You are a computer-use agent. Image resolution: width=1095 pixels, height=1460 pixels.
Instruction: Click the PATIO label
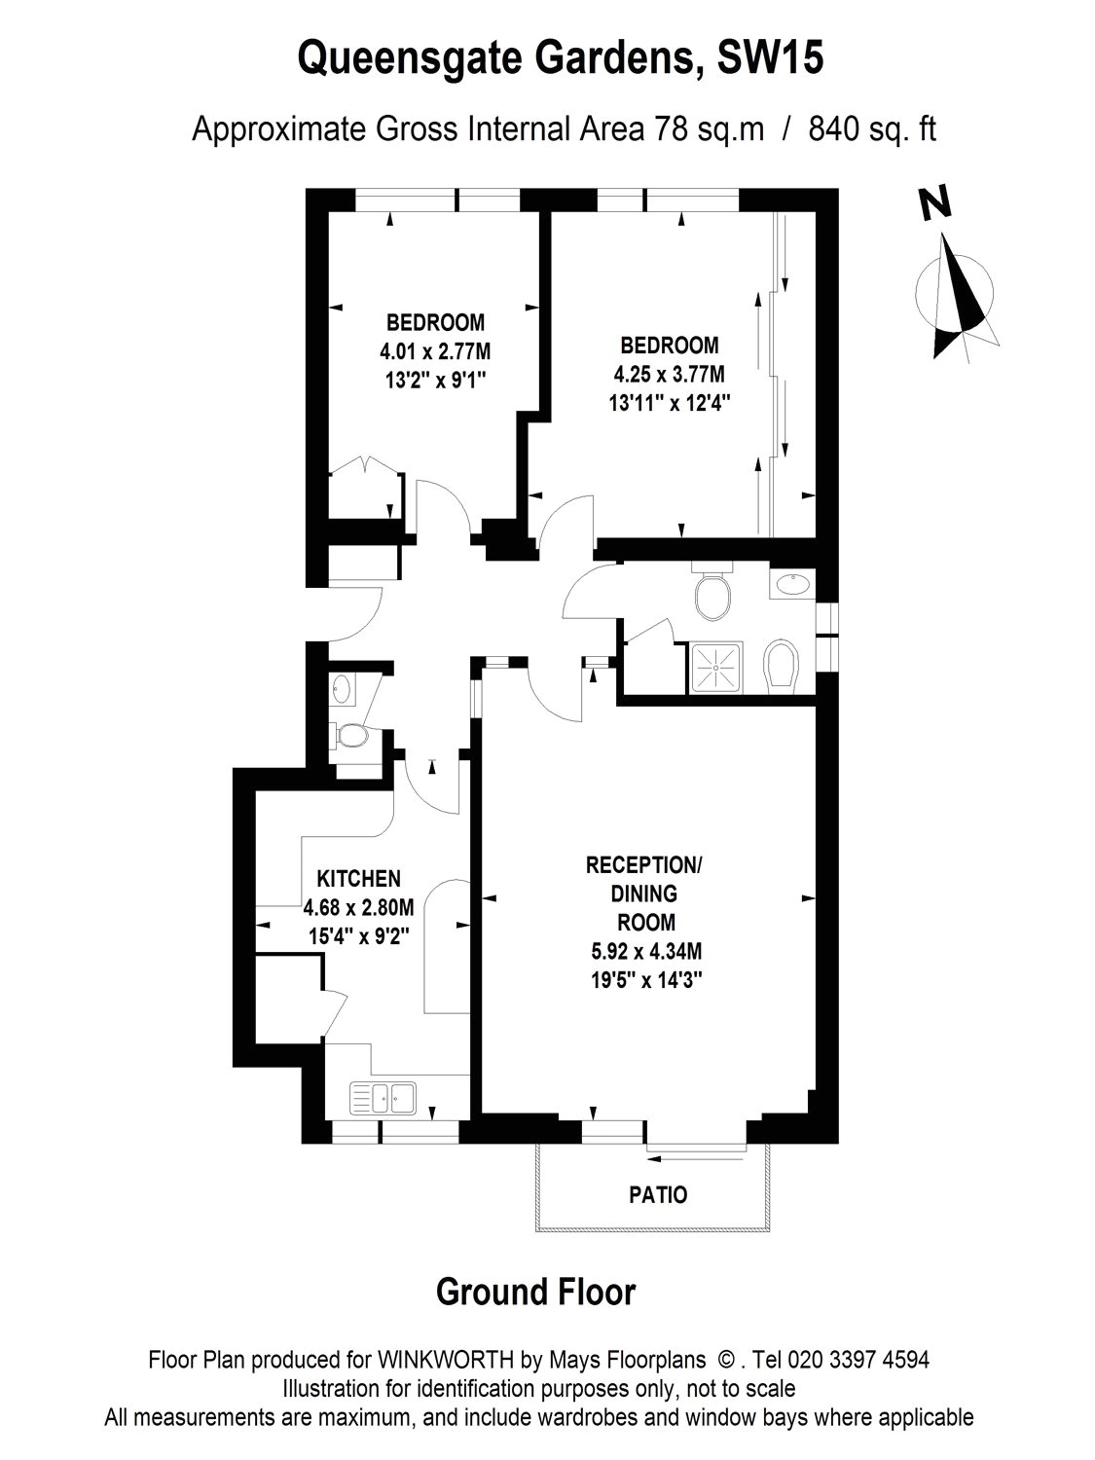click(x=658, y=1194)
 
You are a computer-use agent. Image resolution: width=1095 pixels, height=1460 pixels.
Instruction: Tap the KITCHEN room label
click(x=358, y=878)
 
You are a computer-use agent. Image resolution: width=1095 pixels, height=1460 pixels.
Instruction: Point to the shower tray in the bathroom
click(x=717, y=668)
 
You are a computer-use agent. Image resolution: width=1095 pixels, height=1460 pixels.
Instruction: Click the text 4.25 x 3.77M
click(x=669, y=374)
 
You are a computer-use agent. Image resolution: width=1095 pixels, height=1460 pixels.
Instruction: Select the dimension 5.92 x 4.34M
click(x=643, y=951)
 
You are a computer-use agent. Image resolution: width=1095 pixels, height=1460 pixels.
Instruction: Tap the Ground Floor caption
click(x=535, y=1292)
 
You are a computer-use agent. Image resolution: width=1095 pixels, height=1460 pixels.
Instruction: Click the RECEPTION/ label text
click(x=643, y=865)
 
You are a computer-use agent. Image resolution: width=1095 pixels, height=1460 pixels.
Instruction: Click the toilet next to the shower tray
click(x=780, y=667)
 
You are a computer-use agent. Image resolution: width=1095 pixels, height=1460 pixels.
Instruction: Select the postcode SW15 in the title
click(x=770, y=58)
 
